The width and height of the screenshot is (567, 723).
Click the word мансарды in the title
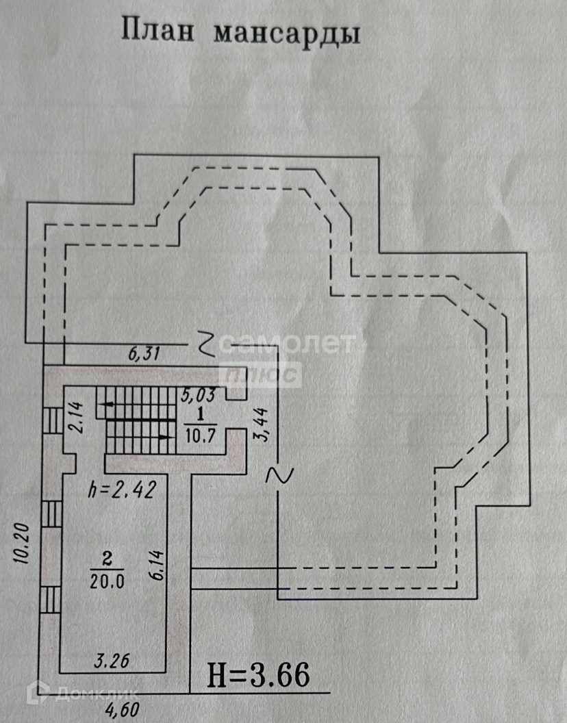(x=286, y=34)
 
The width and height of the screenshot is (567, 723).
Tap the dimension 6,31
(x=144, y=354)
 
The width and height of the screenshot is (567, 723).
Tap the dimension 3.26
(x=112, y=661)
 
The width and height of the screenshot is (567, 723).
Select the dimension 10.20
(x=21, y=543)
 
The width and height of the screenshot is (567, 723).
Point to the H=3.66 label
(x=259, y=675)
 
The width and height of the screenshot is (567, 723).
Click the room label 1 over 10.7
(x=200, y=424)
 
